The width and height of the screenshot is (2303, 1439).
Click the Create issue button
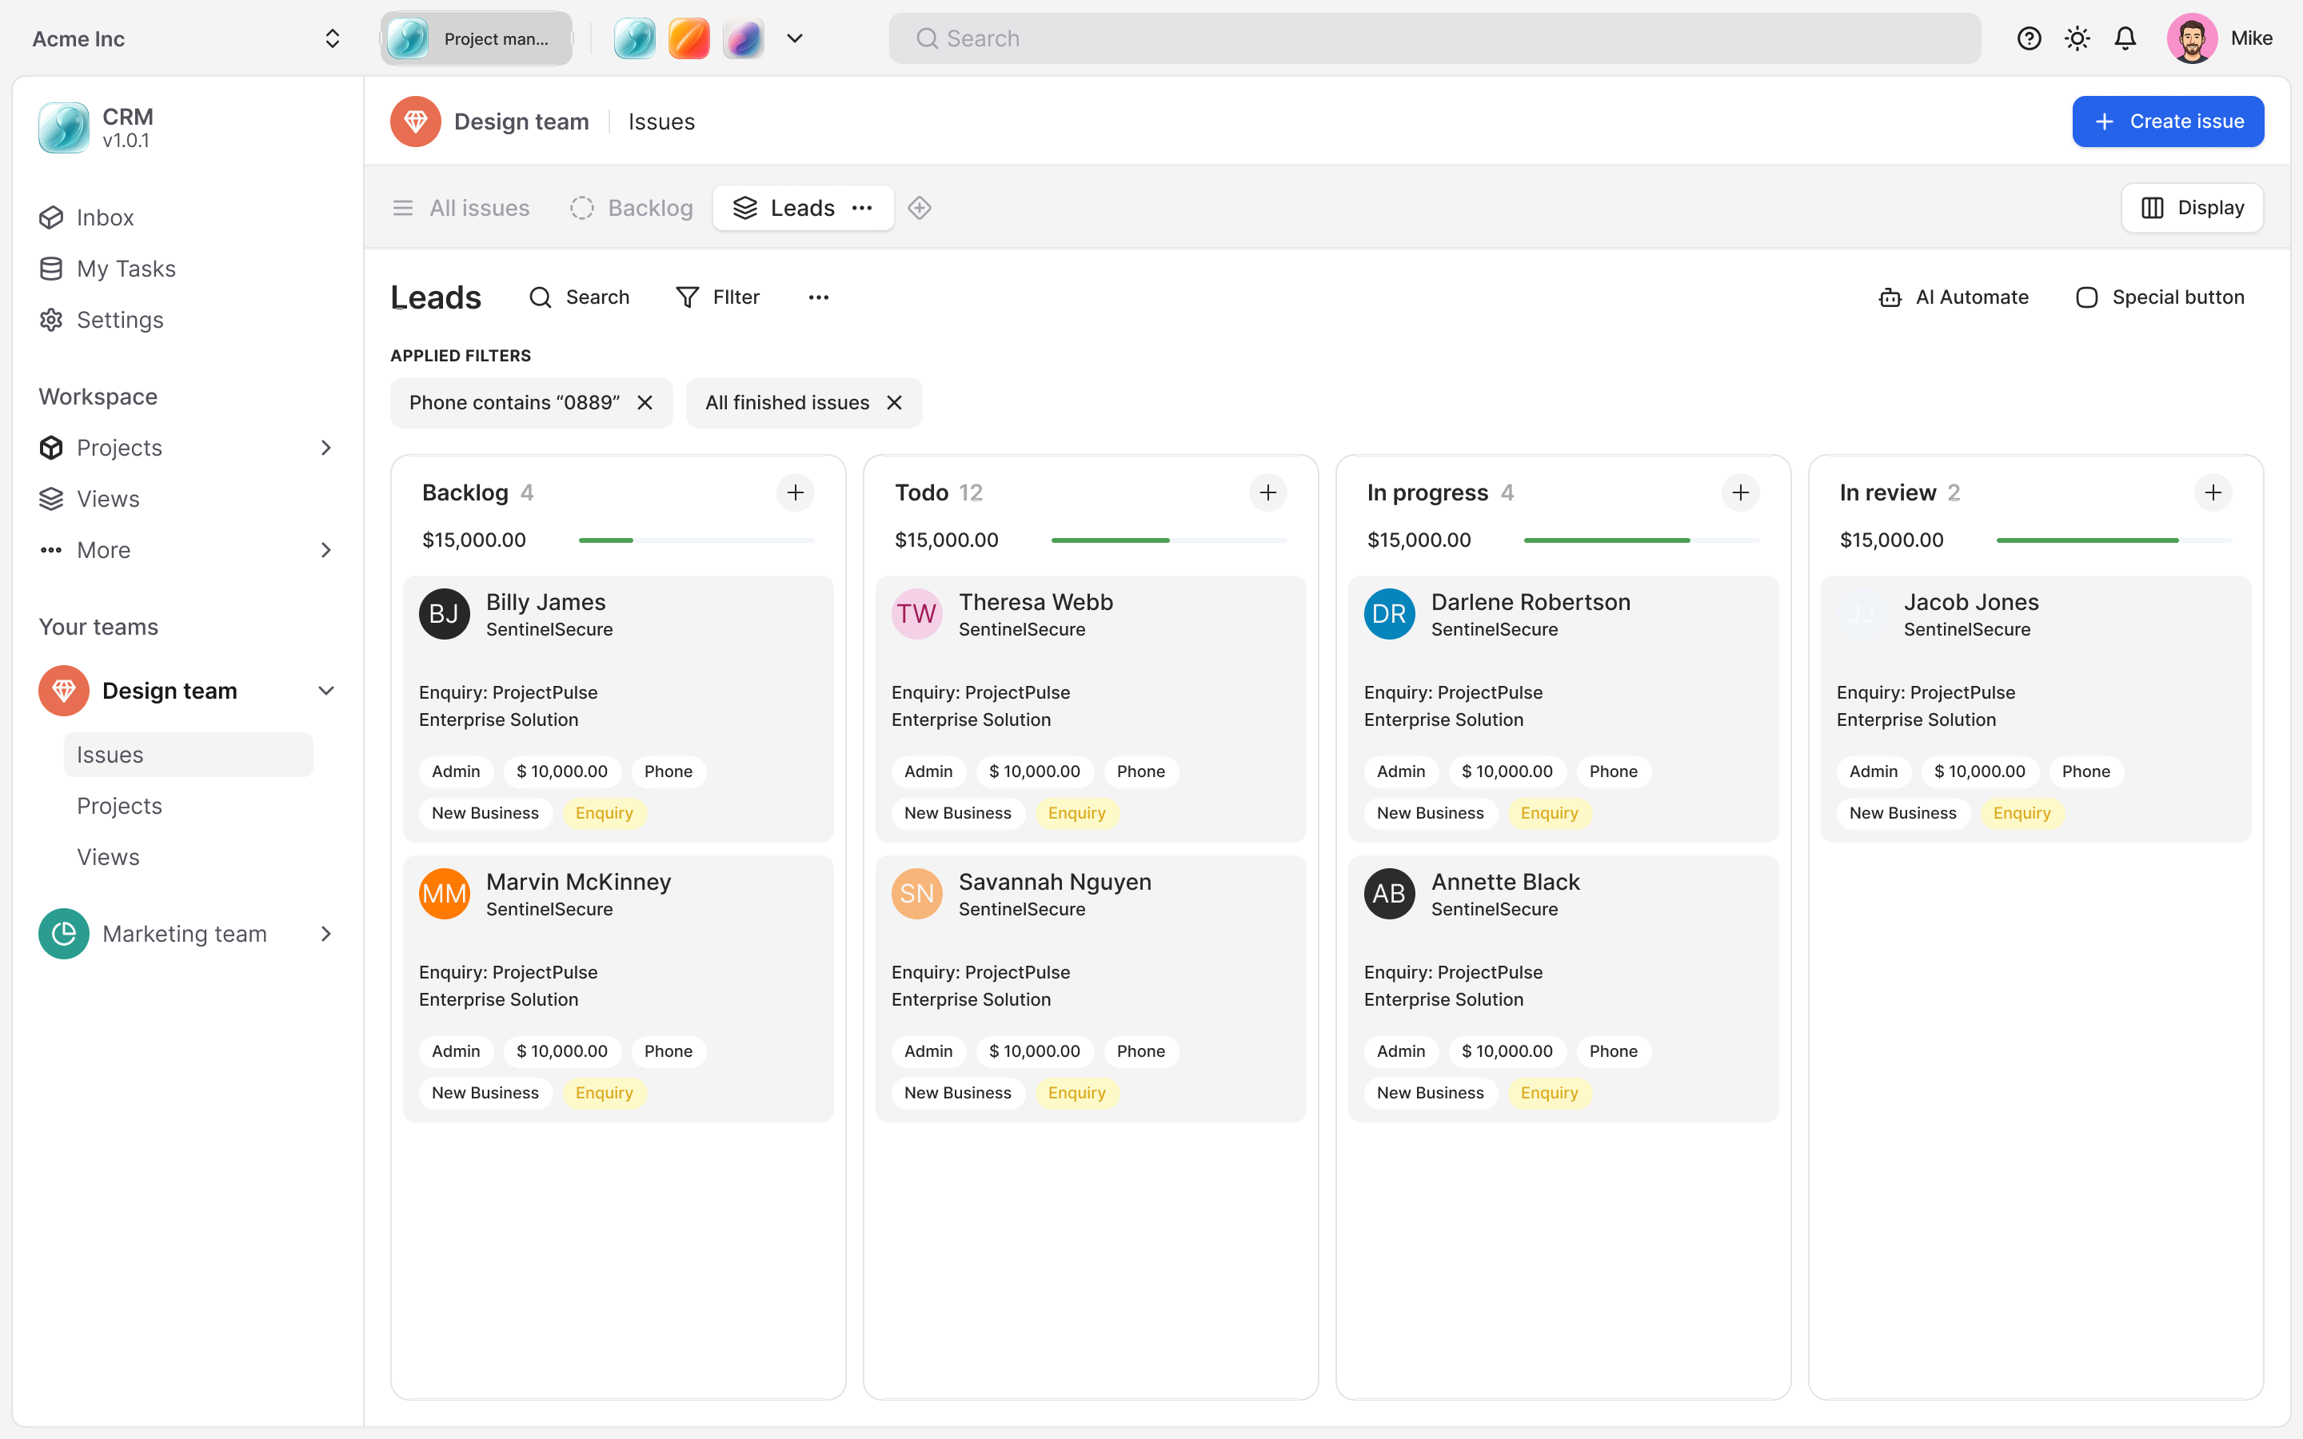2167,122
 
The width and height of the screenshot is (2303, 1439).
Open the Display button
2192,208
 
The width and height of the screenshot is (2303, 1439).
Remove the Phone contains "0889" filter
645,403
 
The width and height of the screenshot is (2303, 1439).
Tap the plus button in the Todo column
1267,492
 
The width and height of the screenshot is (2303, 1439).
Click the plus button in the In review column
2213,492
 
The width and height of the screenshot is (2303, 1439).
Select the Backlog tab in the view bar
632,208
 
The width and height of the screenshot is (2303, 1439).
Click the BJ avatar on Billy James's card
445,614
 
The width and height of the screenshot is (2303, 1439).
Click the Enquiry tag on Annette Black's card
1548,1093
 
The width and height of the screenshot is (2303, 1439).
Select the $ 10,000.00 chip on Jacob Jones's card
1979,771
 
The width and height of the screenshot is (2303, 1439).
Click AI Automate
1954,297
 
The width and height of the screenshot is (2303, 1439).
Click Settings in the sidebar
120,320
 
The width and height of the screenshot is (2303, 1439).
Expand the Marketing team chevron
326,934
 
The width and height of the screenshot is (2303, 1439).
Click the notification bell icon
2125,38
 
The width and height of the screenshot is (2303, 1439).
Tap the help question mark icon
2029,38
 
